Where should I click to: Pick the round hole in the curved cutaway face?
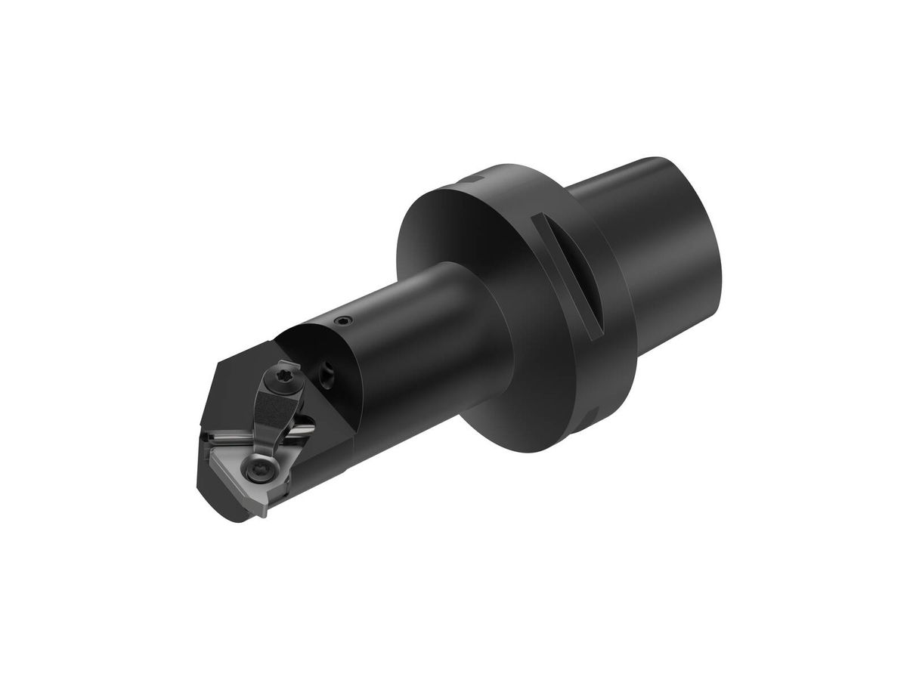coord(330,371)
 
